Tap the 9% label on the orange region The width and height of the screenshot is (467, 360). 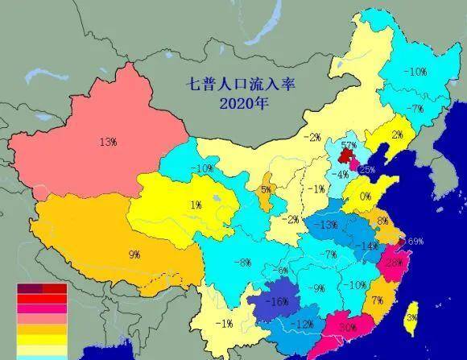click(x=134, y=254)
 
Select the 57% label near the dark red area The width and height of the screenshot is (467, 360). click(x=348, y=146)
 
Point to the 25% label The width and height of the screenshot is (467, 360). click(x=366, y=170)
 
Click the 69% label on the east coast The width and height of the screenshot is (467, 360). click(x=415, y=241)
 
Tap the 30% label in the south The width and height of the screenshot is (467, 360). click(x=348, y=327)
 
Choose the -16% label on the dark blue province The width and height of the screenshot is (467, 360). click(x=279, y=302)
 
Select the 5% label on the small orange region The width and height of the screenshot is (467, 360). click(x=266, y=190)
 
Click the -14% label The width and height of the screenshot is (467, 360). click(x=369, y=245)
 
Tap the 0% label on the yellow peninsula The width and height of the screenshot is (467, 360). click(x=365, y=197)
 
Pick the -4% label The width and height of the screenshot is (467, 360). click(x=341, y=174)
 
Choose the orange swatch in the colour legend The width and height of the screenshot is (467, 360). click(x=42, y=329)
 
